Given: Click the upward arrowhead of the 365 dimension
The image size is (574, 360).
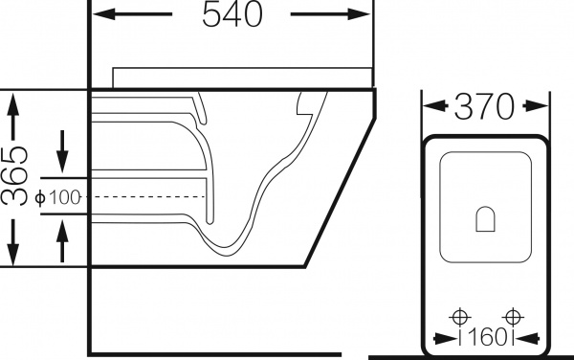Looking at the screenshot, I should coord(12,101).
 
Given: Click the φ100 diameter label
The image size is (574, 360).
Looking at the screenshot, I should coord(59,197).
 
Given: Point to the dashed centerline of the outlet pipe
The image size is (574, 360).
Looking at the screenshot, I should coord(143,197).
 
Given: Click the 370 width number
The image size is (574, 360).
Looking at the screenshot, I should coord(486,107).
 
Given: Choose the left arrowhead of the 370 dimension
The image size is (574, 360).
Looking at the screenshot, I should coord(430,107).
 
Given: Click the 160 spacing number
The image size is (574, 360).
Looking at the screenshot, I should coord(487,338).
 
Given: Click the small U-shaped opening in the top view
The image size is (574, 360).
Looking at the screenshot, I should coord(486,219).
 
